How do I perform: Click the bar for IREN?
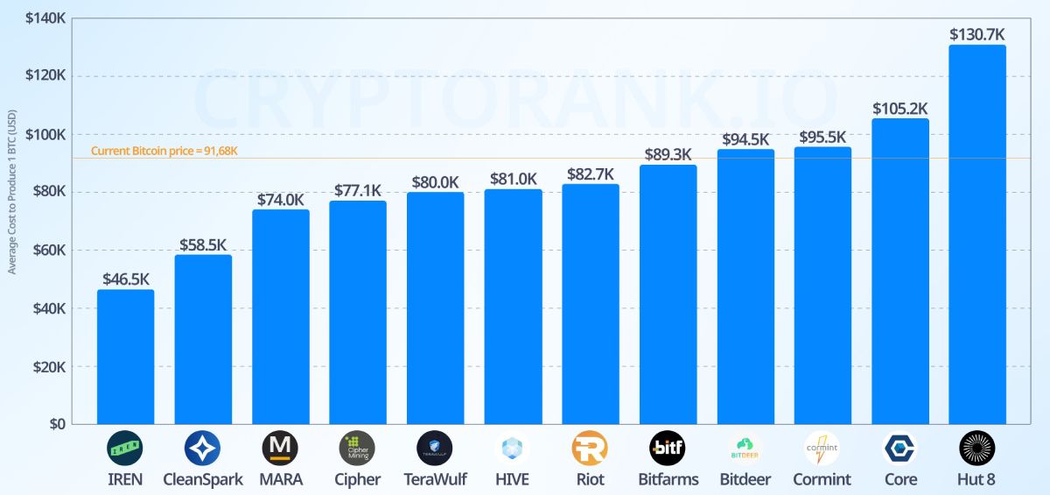click(x=125, y=357)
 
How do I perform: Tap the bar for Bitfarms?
click(x=668, y=294)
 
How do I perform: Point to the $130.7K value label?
click(x=977, y=34)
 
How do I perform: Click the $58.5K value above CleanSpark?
click(x=203, y=244)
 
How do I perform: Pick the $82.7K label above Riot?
click(x=591, y=173)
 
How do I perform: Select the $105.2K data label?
click(x=900, y=109)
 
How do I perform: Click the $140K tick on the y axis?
click(x=47, y=18)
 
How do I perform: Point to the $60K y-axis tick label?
click(x=50, y=251)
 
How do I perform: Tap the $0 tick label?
click(x=57, y=424)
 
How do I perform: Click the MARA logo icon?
click(x=280, y=448)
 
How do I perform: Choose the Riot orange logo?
click(x=590, y=448)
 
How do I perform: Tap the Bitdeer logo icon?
click(x=745, y=448)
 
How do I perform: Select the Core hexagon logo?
click(x=899, y=448)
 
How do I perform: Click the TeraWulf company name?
click(x=435, y=479)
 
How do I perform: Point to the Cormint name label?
click(x=822, y=479)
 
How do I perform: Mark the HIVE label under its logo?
click(x=512, y=479)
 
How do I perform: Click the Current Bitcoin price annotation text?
click(x=164, y=151)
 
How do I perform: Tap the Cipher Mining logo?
click(x=357, y=448)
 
